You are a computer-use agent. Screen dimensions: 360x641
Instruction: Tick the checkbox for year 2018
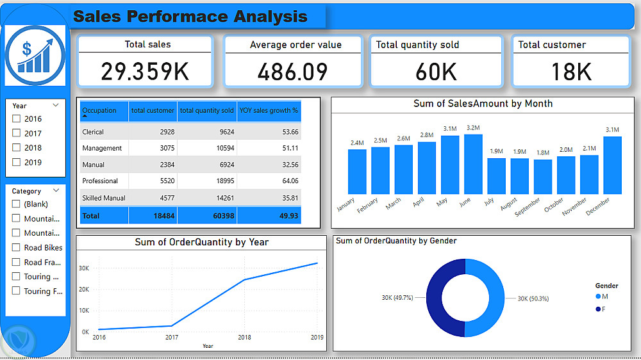17,148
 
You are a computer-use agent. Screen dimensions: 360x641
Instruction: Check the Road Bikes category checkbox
17,248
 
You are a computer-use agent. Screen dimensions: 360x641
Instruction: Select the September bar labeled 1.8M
543,177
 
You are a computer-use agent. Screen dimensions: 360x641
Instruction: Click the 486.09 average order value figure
292,72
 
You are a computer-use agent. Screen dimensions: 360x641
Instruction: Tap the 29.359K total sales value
145,72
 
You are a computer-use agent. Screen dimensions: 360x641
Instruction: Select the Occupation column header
99,110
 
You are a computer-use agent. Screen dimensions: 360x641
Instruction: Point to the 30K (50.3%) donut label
533,299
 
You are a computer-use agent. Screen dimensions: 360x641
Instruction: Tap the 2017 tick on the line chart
171,337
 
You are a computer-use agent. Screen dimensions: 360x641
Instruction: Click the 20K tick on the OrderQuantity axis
84,290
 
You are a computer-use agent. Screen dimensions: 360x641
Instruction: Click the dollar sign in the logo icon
27,49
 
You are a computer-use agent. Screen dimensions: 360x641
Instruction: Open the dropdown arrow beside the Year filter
56,105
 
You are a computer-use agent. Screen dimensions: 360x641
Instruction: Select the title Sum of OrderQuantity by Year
201,242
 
